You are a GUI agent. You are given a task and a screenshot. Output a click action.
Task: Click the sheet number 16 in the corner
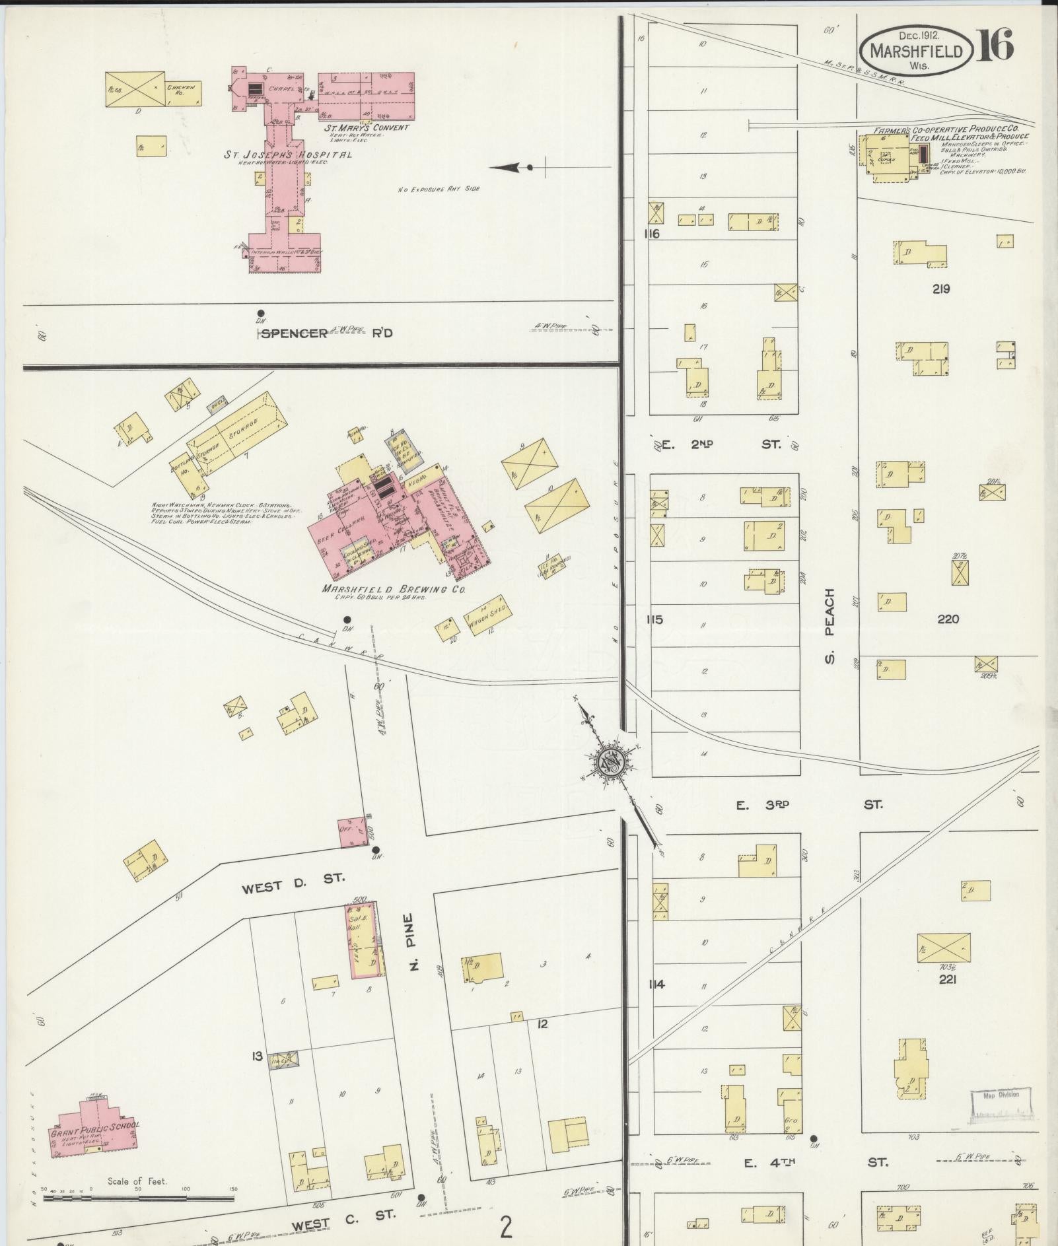tap(997, 47)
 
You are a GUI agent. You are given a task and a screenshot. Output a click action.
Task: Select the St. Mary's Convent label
tap(366, 127)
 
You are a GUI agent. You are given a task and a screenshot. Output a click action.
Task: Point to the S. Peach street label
tap(829, 625)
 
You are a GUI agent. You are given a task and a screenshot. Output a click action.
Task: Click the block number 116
tap(654, 234)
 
